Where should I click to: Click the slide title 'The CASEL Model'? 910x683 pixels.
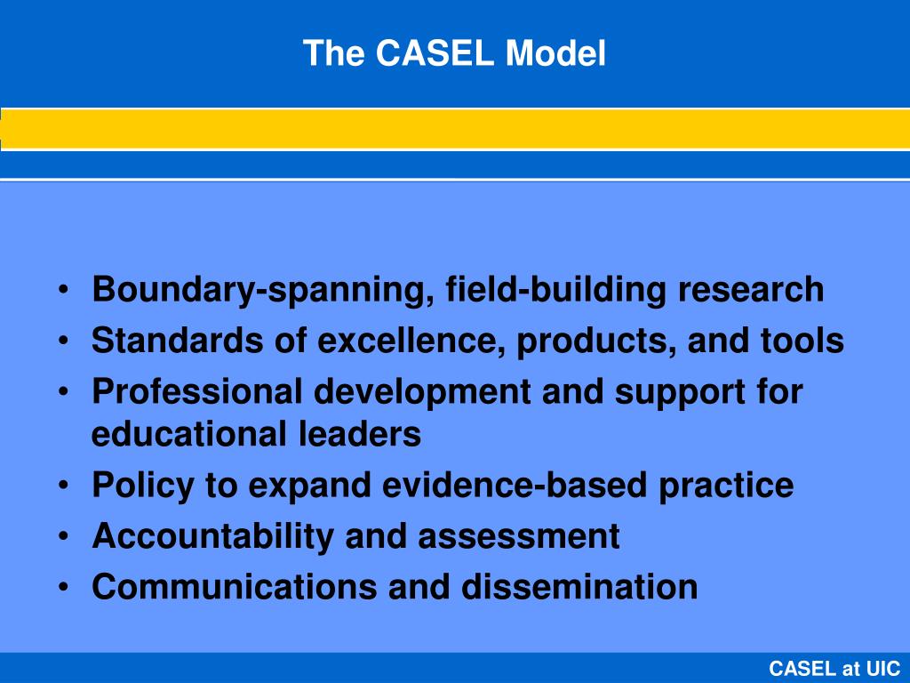(x=454, y=54)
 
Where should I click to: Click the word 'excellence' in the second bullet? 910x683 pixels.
(x=408, y=341)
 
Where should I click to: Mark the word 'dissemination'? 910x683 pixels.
(x=579, y=587)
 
